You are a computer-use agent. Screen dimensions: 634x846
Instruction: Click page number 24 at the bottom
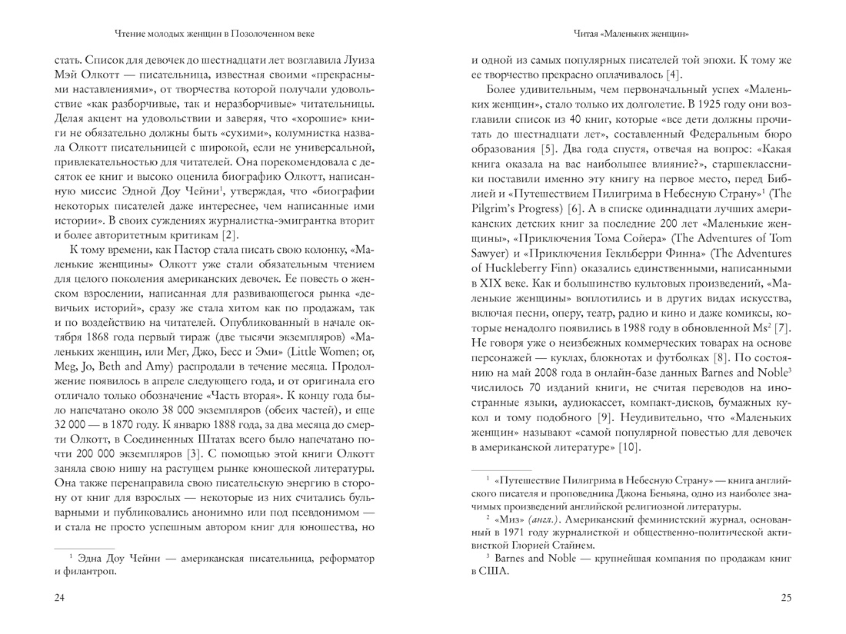[x=60, y=599]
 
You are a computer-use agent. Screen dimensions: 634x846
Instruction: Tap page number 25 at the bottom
[x=785, y=599]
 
